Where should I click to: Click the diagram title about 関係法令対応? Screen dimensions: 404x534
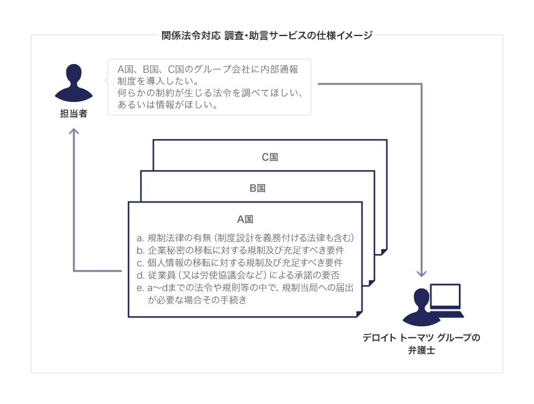point(267,35)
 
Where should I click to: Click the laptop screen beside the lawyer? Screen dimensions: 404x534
point(445,297)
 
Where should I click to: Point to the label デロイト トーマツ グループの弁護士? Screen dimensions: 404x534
point(422,344)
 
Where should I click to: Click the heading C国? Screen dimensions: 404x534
point(269,157)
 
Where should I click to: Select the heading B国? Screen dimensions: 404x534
point(258,188)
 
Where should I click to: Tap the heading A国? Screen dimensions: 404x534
point(245,219)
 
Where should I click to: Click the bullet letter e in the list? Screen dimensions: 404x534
point(140,288)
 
